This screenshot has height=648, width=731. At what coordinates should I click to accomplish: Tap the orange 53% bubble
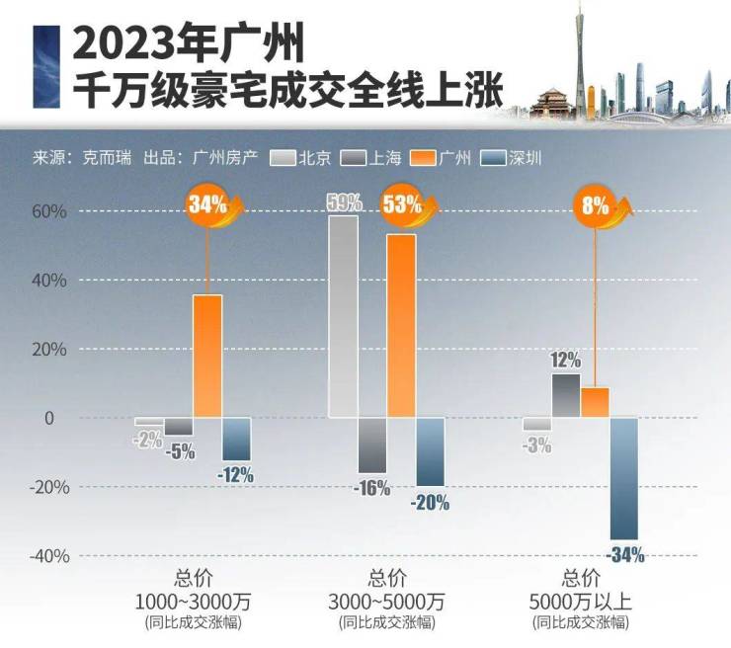pos(402,205)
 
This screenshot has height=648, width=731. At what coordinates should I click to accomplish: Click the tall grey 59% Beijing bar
pos(343,316)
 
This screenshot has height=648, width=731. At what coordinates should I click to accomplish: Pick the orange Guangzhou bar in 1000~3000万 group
pos(207,356)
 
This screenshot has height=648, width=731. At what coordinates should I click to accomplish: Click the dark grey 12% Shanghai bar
pos(566,395)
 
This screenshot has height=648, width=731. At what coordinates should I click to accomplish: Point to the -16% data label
pos(371,488)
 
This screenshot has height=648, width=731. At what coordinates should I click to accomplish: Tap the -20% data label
pos(430,502)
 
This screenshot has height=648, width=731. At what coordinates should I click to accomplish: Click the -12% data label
pos(235,475)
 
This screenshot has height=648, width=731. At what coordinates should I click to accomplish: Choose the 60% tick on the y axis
pos(47,211)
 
